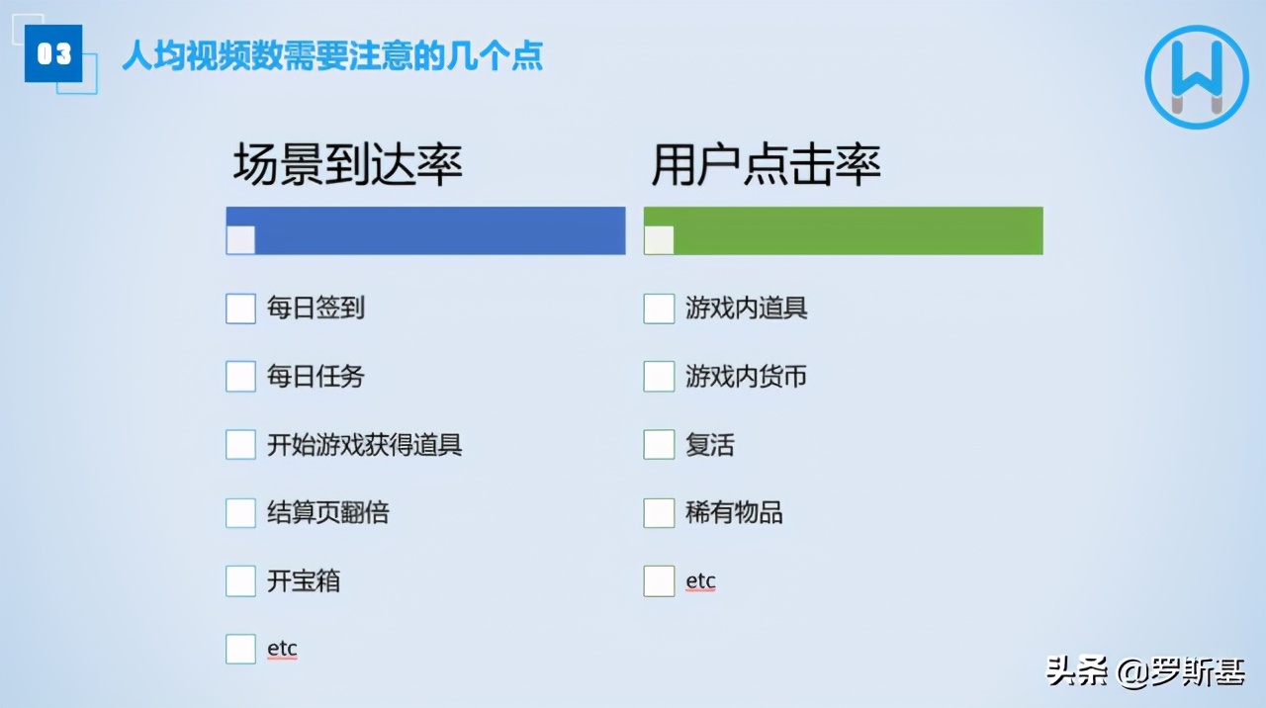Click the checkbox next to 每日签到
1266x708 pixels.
[x=240, y=309]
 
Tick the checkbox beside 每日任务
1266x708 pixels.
[x=240, y=377]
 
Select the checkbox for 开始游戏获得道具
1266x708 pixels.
[x=240, y=445]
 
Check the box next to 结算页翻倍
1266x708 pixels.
[x=240, y=513]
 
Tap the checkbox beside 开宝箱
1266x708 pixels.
[x=240, y=581]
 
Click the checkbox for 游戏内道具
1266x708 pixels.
[x=659, y=309]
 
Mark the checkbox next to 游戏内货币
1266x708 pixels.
[x=659, y=377]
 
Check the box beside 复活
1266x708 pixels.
[x=659, y=445]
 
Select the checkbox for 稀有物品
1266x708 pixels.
[x=659, y=513]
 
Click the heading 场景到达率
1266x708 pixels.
[x=348, y=165]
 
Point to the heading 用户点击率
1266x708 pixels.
[x=767, y=165]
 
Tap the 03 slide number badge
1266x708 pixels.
[x=53, y=53]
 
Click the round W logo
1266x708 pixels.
[x=1197, y=77]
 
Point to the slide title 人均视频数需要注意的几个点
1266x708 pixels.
[x=332, y=55]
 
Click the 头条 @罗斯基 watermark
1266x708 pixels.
[x=1145, y=672]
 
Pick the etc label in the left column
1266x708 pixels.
[x=282, y=649]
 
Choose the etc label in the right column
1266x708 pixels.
[x=700, y=580]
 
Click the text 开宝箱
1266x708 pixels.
[x=304, y=581]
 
